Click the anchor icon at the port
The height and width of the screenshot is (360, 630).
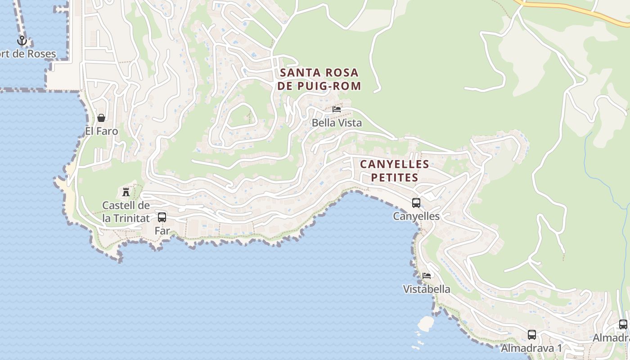[x=22, y=41]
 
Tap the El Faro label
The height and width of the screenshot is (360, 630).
[x=101, y=131]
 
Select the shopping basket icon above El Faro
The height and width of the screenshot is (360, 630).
[x=101, y=118]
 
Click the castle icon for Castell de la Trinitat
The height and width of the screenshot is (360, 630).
[x=126, y=192]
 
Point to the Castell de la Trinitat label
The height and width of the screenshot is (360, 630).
[x=126, y=212]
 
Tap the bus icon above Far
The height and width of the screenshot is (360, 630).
[x=162, y=217]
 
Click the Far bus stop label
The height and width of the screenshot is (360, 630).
[x=162, y=231]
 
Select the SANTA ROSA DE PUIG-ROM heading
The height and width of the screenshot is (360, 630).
[x=319, y=79]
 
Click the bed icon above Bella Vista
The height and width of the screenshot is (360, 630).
[x=337, y=109]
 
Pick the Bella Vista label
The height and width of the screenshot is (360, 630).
[x=337, y=122]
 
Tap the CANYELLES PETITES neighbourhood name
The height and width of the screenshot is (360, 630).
[x=395, y=171]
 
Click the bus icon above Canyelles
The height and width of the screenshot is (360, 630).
[x=416, y=203]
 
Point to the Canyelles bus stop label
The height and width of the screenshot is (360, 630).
[x=416, y=216]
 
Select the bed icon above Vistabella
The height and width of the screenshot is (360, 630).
[x=427, y=275]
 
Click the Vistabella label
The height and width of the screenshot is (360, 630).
[x=427, y=289]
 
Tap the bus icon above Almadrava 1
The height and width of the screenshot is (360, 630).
[x=532, y=335]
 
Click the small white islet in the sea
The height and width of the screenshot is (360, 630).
[x=425, y=323]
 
